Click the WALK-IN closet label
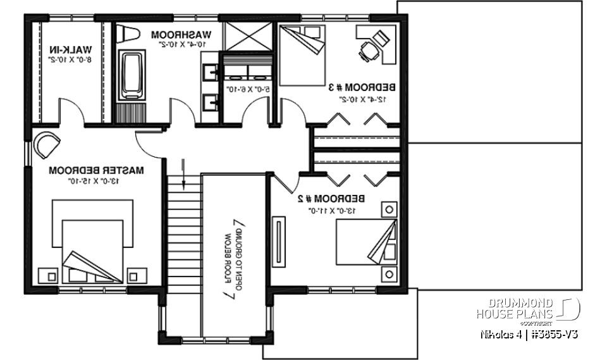(71, 49)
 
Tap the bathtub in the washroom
(132, 76)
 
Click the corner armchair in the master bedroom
(47, 146)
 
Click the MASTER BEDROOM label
(97, 170)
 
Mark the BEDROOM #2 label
(328, 198)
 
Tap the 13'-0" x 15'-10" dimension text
(97, 181)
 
